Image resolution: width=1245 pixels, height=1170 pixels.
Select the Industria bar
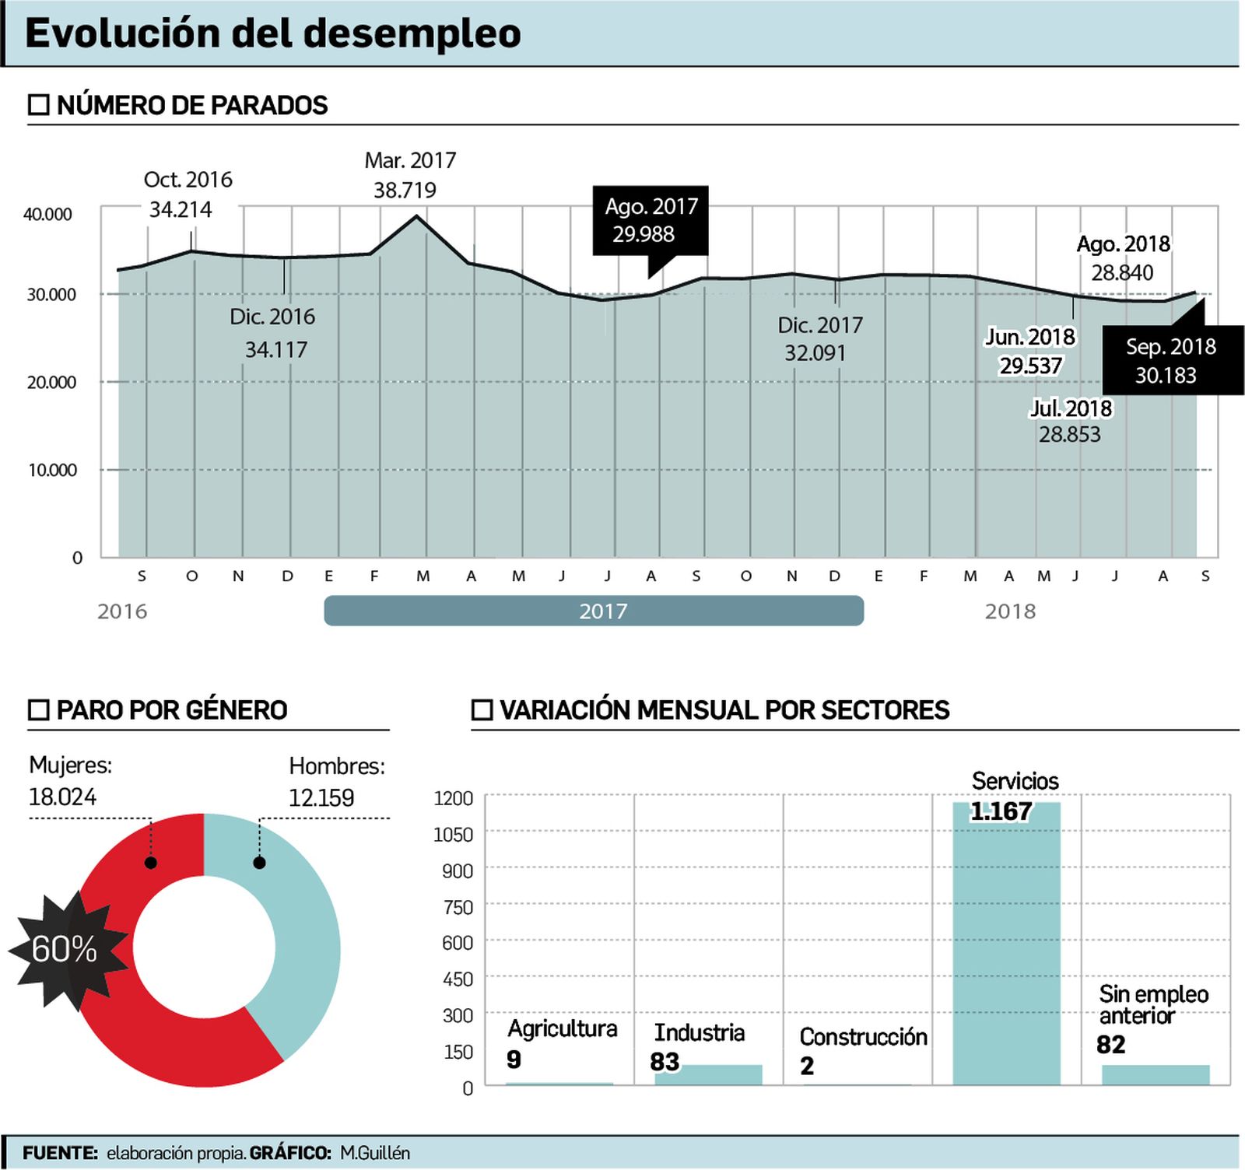pos(708,1074)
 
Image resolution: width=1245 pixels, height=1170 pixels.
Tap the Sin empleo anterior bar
pos(1156,1074)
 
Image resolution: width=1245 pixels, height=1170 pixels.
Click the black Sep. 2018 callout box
pos(1172,361)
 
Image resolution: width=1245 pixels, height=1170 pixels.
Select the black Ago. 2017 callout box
pos(651,220)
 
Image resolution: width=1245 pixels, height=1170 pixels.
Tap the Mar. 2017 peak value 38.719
pos(405,190)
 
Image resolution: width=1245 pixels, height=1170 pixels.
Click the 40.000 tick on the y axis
pos(47,215)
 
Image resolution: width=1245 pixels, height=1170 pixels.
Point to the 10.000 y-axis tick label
pos(52,470)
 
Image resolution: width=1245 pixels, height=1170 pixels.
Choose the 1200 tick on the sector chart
pos(453,798)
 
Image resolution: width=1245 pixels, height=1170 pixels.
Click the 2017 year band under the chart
pos(594,611)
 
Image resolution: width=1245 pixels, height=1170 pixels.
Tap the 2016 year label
pos(122,611)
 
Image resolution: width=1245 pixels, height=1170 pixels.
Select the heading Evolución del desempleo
pos(273,33)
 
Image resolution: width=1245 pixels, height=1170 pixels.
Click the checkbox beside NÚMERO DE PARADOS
pos(38,105)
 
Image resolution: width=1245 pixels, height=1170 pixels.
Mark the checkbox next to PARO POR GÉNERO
pos(38,709)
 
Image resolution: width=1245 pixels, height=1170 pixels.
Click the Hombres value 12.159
pos(321,797)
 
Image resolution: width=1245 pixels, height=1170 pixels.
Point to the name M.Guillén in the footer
pos(375,1153)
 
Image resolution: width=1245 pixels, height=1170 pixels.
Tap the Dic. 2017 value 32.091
pos(815,353)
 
